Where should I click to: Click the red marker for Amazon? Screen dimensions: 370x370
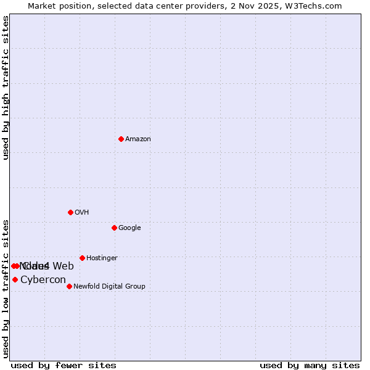point(121,139)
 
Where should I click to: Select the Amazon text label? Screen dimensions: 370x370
point(138,139)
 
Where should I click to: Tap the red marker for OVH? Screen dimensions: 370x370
point(70,212)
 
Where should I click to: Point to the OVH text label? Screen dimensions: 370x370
point(82,213)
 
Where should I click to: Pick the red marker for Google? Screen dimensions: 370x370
point(114,228)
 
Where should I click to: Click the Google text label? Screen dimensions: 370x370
point(129,228)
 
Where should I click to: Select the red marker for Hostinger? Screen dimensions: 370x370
point(82,258)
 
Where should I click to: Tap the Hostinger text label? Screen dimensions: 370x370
point(102,258)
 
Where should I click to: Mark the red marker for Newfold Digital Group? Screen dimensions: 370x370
point(69,286)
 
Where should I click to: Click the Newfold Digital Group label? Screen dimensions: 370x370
point(109,287)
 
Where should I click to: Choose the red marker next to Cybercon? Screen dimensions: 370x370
point(15,279)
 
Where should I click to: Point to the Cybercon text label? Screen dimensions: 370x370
point(43,280)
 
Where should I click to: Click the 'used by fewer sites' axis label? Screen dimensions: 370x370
point(64,365)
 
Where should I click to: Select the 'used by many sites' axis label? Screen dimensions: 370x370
point(310,365)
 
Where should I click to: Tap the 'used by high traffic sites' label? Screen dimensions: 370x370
point(6,88)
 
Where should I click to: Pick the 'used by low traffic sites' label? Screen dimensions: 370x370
point(6,288)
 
